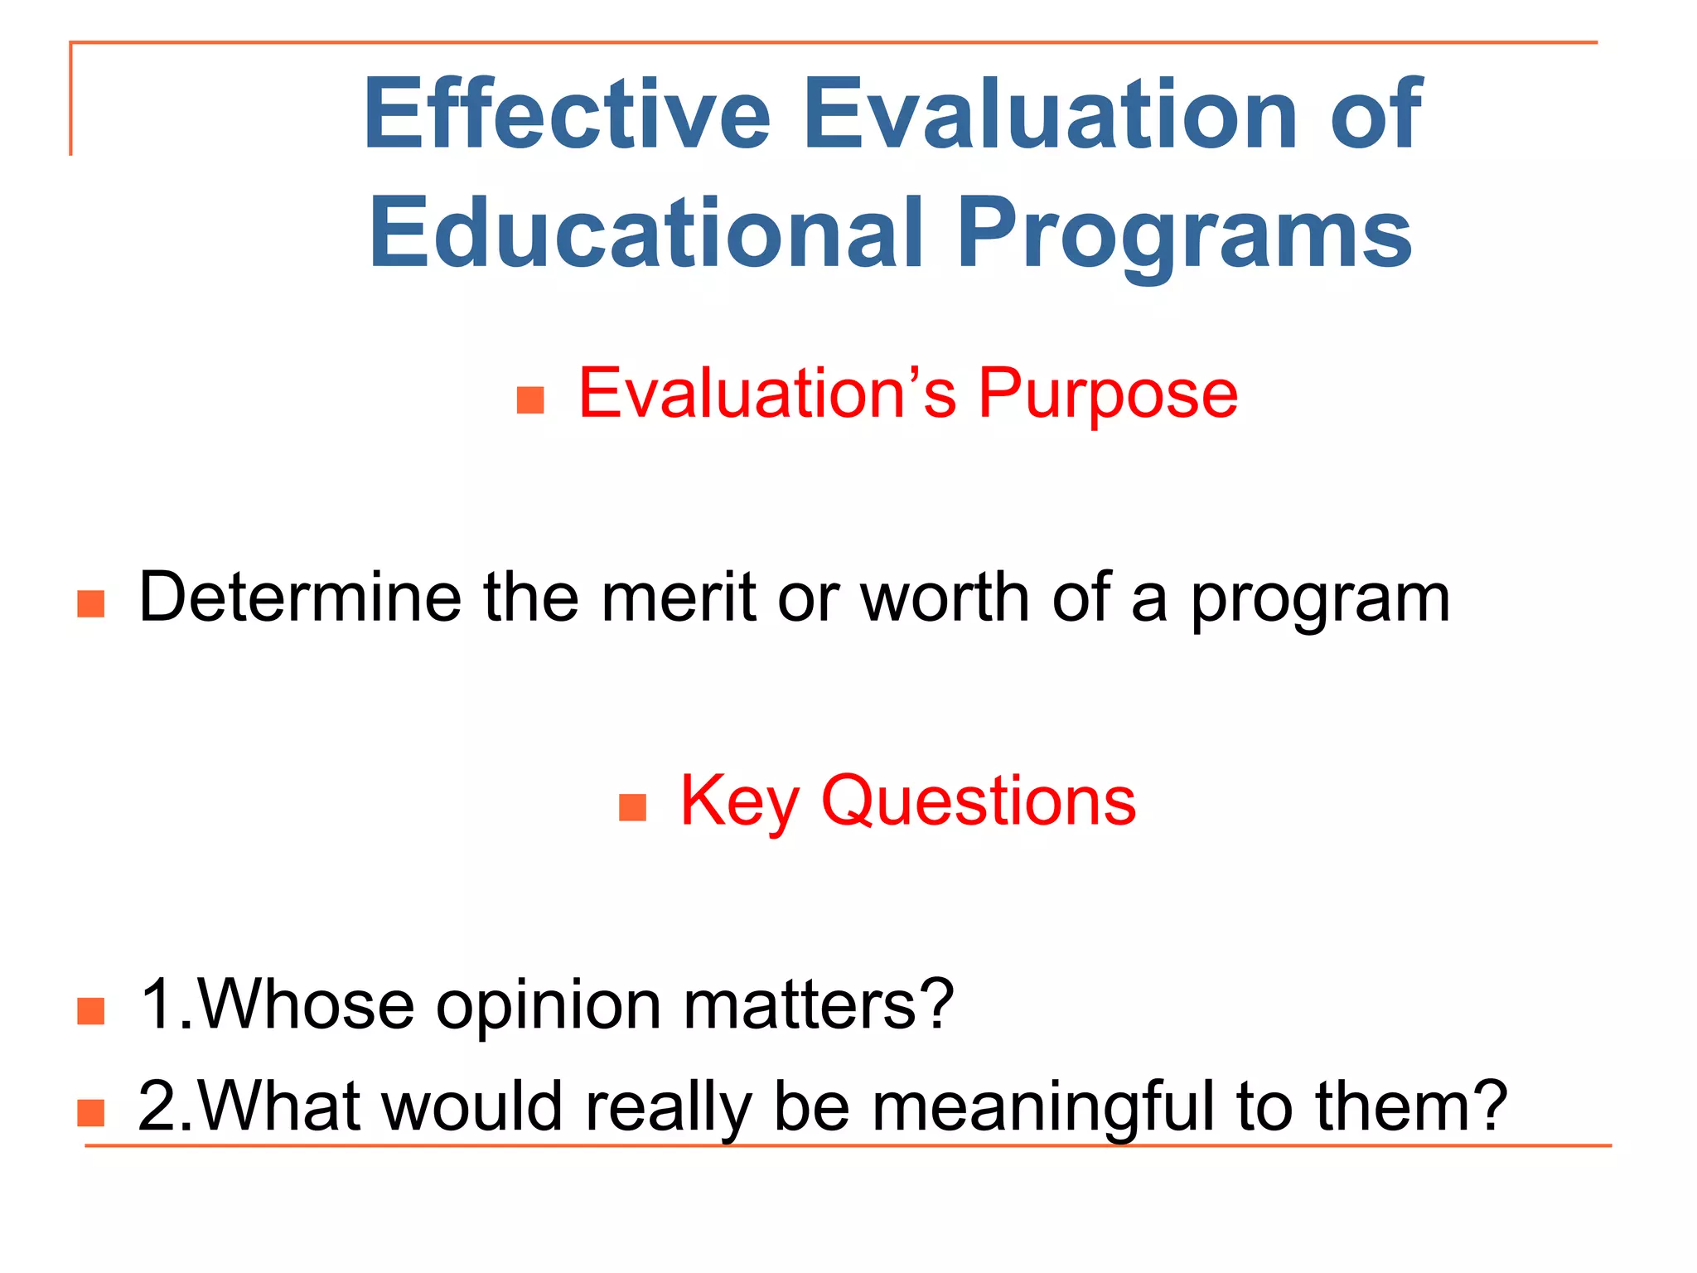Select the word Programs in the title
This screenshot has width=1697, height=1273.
[1185, 235]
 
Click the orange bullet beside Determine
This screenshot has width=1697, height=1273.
[91, 603]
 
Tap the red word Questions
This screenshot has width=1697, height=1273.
[979, 802]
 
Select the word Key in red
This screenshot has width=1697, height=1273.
[739, 802]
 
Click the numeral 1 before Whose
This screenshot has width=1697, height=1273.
[157, 1004]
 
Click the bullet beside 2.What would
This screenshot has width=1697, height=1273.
[91, 1112]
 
